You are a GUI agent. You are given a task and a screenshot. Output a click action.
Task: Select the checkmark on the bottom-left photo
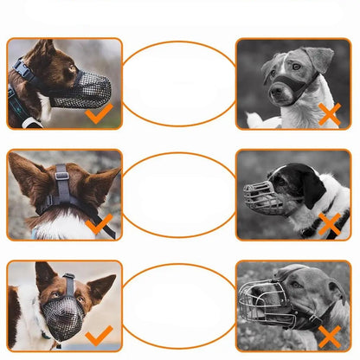click(x=100, y=335)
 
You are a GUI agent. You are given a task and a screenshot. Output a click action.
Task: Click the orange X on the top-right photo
click(x=330, y=112)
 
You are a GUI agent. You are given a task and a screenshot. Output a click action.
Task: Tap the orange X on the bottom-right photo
click(x=330, y=336)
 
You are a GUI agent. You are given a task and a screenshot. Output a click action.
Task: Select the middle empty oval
click(x=178, y=195)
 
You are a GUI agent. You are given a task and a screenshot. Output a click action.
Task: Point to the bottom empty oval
click(x=178, y=307)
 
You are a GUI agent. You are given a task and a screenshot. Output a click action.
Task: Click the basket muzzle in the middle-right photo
click(x=264, y=198)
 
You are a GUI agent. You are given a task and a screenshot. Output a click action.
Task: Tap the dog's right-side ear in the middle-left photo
click(x=102, y=181)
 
